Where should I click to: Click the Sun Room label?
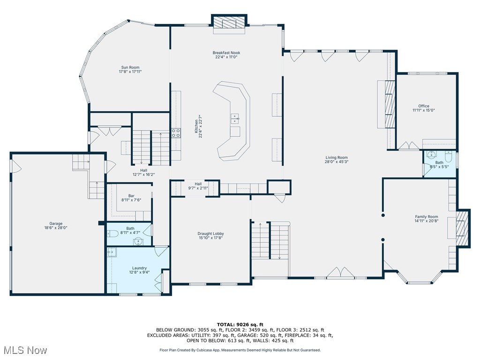coord(130,67)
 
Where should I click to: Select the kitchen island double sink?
coord(235,118)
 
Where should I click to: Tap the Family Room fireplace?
coord(462,228)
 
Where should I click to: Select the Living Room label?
coord(337,157)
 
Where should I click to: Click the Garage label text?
coord(56,224)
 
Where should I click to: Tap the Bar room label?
coord(131,196)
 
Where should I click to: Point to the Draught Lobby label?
coord(210,233)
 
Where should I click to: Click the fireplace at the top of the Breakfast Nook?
coord(229,23)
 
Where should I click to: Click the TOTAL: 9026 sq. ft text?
coord(240,324)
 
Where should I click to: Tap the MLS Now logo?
coord(24,350)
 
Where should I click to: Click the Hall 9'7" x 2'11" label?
coord(198,184)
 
